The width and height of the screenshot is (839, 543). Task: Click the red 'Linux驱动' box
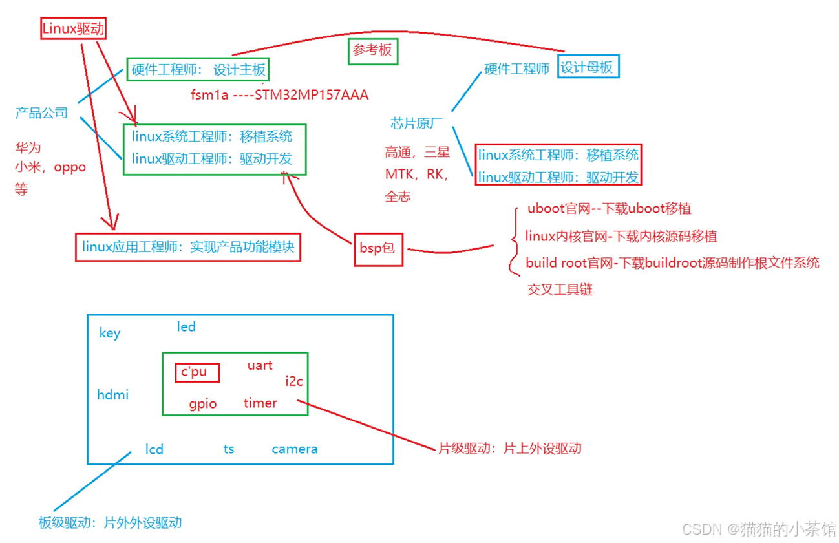coord(73,28)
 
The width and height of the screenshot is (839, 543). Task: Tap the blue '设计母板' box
coord(587,67)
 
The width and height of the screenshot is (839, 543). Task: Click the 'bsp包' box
coord(378,248)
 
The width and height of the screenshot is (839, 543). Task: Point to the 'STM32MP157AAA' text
coord(312,95)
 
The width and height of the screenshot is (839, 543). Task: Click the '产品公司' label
coord(41,113)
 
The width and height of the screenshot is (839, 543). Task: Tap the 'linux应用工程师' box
coord(188,246)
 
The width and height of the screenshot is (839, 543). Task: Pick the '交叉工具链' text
coord(560,290)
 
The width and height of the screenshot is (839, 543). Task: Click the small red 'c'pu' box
coord(197,372)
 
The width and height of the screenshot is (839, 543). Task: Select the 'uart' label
coord(260,365)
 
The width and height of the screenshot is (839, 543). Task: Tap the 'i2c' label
coord(294,381)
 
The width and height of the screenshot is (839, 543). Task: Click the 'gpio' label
coord(203,404)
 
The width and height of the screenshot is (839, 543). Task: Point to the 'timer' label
coord(260,403)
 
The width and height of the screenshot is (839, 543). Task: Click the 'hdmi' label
coord(112,394)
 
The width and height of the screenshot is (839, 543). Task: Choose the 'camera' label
coord(294,449)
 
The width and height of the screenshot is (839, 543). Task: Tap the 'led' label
coord(186,326)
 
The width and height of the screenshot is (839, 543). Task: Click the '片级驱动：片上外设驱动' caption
coord(509,449)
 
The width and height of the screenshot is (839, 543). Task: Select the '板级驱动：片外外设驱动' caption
coord(110,523)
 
